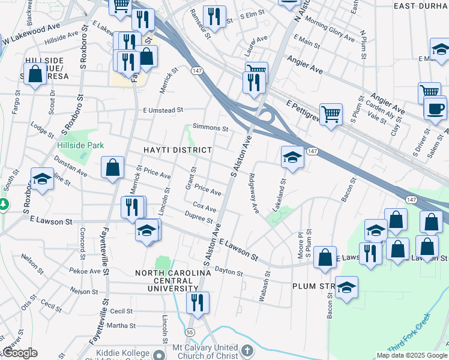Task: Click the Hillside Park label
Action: pyautogui.click(x=80, y=145)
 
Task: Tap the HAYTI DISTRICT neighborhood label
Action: pyautogui.click(x=177, y=150)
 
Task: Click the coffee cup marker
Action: pyautogui.click(x=435, y=109)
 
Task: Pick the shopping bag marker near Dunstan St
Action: pyautogui.click(x=113, y=168)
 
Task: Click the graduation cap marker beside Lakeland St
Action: pyautogui.click(x=292, y=158)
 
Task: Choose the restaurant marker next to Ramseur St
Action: pyautogui.click(x=214, y=17)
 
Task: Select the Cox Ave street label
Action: pyautogui.click(x=204, y=208)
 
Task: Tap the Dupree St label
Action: pyautogui.click(x=199, y=217)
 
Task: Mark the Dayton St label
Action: pyautogui.click(x=229, y=272)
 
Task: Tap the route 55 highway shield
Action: pyautogui.click(x=190, y=331)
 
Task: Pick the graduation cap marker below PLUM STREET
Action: pyautogui.click(x=346, y=288)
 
